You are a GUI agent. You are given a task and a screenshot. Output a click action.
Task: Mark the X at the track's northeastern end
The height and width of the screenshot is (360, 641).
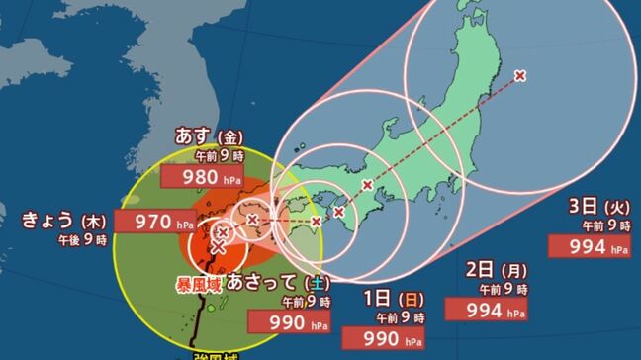tap(521, 75)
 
